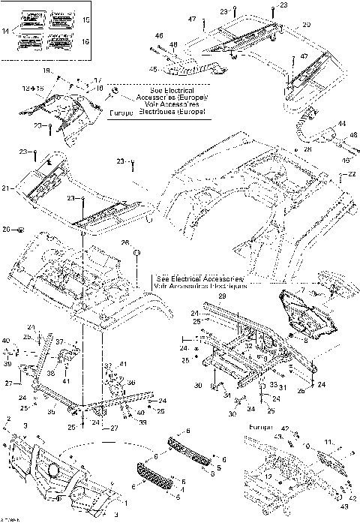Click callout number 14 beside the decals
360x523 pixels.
[x=7, y=31]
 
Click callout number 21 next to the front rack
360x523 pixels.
[x=7, y=188]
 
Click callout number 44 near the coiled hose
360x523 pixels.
[x=341, y=124]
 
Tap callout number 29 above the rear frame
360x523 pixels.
[x=222, y=298]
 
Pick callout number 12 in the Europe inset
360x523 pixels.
[x=268, y=476]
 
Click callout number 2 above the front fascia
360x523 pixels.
[x=8, y=417]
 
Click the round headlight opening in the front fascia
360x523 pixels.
[x=53, y=470]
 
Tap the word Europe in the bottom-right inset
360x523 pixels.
[x=256, y=426]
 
